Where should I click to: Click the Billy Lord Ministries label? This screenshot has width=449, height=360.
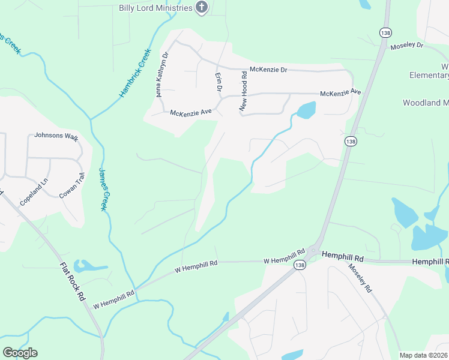[x=155, y=7]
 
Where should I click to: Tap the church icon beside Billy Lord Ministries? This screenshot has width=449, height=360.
[x=202, y=7]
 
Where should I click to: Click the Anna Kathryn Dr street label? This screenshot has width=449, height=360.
[x=163, y=75]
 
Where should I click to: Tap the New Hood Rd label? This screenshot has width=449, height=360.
[x=244, y=91]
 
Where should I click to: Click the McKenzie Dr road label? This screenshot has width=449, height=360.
[x=269, y=70]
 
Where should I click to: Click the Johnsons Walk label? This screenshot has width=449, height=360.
[x=56, y=136]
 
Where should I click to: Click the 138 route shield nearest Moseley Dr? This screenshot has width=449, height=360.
[x=385, y=33]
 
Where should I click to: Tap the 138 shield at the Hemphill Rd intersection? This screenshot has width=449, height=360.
[x=298, y=265]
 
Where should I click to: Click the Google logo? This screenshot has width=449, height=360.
[x=20, y=353]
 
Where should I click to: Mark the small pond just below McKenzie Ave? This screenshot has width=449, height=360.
[x=306, y=110]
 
